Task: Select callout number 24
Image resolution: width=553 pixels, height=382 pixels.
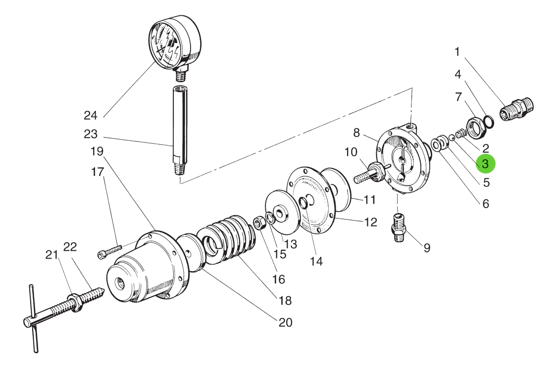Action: pos(91,115)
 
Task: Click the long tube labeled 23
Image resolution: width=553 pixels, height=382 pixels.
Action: pos(180,128)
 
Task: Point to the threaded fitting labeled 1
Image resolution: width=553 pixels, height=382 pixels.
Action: pos(517,108)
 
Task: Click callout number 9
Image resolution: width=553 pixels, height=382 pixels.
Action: pos(427,248)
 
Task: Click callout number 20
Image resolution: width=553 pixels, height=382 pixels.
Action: pos(286,323)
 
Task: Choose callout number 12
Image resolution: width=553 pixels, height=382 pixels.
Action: pos(371,222)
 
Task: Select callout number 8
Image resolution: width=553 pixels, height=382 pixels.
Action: pos(356,133)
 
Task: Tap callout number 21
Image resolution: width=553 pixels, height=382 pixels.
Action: pos(51,255)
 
